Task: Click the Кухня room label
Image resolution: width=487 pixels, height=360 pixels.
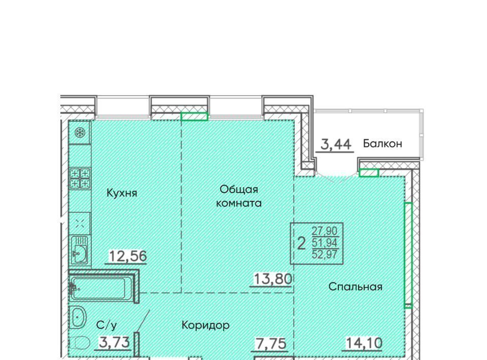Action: coord(122,193)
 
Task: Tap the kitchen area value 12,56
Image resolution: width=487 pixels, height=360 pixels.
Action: coord(128,257)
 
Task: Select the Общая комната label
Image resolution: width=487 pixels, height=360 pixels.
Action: coord(239,196)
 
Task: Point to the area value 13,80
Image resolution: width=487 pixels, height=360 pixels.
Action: coord(273,279)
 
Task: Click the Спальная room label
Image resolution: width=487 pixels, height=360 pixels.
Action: coord(355,286)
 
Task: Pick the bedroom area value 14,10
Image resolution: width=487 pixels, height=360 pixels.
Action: coord(364,343)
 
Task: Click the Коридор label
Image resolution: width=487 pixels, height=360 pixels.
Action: coord(205,325)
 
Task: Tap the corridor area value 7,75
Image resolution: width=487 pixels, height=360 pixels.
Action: coord(270,344)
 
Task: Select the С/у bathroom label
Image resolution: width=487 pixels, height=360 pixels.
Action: coord(107,325)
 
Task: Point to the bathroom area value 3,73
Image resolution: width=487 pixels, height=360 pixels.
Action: coord(114,343)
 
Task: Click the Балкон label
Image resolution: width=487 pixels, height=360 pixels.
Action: coord(382,143)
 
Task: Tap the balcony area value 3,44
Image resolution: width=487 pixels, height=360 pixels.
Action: coord(336,145)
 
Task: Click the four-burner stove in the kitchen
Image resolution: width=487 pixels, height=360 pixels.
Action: coord(80,178)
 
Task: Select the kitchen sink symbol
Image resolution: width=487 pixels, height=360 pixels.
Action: coord(80,250)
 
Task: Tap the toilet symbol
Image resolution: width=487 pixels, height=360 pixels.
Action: coord(80,343)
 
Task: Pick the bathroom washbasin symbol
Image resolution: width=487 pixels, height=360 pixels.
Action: coord(78,317)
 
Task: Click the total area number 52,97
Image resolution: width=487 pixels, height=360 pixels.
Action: coord(325,255)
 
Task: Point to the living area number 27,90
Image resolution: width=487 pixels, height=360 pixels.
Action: coord(325,231)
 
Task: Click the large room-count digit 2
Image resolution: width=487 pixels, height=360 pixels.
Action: coord(301,243)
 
